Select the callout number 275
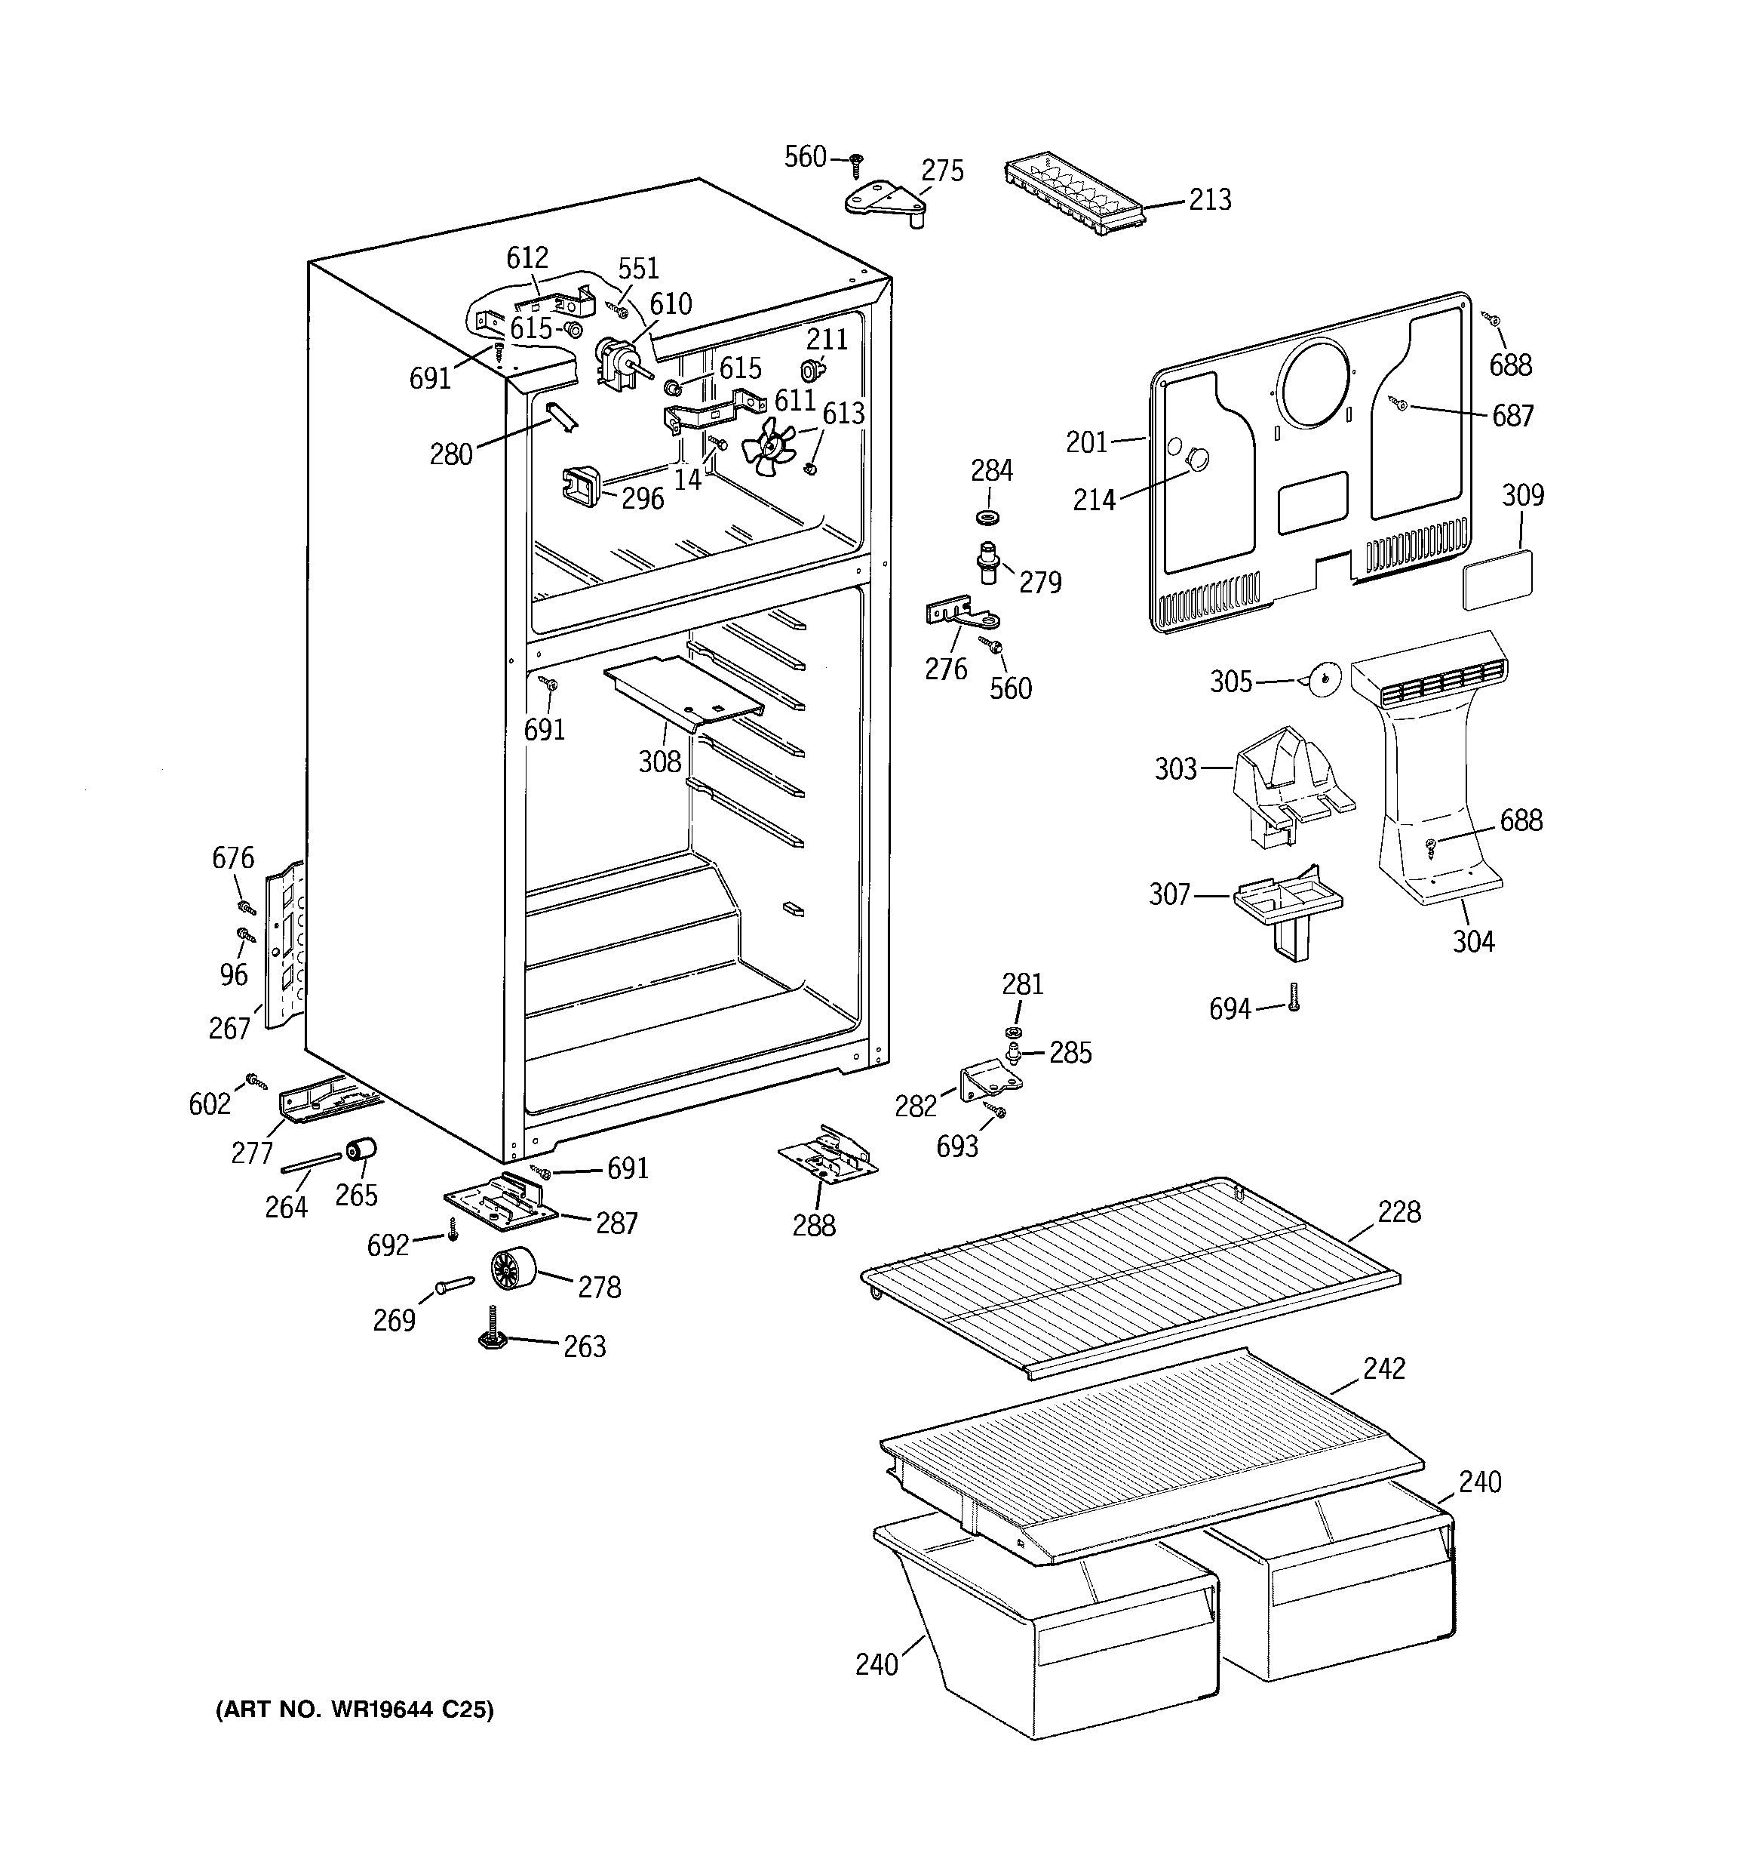coord(941,171)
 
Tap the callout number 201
coord(1087,442)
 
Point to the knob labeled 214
coord(1196,460)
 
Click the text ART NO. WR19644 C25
coord(354,1710)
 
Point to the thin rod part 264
coord(311,1163)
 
